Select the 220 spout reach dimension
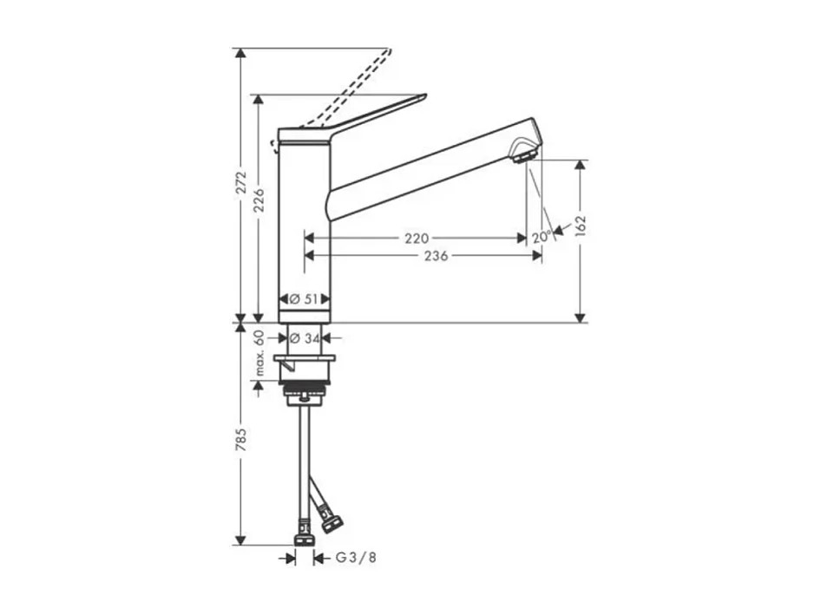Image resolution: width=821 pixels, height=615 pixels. [x=417, y=238]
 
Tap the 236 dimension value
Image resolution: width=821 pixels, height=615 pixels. [x=436, y=256]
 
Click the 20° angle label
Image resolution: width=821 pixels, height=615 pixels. [x=541, y=237]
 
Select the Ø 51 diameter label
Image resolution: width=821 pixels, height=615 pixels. [x=305, y=298]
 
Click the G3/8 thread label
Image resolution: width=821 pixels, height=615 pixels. [x=356, y=559]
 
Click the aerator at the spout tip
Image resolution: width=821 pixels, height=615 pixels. [x=523, y=156]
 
